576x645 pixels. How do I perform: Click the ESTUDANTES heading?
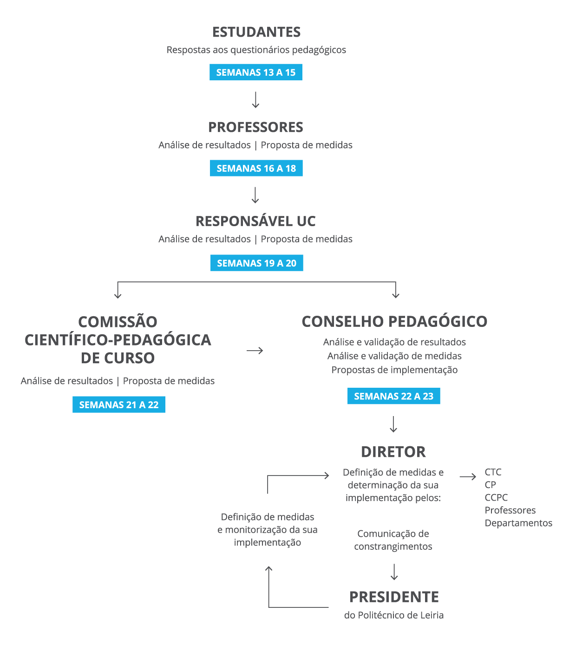click(x=256, y=33)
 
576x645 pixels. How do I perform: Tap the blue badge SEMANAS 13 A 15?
click(x=255, y=72)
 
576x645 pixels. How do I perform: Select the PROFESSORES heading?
click(x=255, y=127)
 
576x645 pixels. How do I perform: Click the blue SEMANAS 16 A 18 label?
click(x=256, y=168)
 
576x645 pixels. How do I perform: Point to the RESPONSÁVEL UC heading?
click(x=255, y=221)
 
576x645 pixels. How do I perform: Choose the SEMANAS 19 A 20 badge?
click(x=256, y=263)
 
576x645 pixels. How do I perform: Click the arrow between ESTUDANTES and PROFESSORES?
click(x=255, y=100)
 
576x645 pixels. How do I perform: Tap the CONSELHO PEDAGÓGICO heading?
click(x=394, y=321)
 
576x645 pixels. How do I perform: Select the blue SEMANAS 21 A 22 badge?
click(x=118, y=404)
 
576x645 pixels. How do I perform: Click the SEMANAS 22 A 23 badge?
click(x=393, y=396)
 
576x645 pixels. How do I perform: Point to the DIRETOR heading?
click(x=393, y=452)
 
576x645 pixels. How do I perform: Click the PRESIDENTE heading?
click(x=394, y=597)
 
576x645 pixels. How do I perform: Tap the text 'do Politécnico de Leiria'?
click(x=394, y=615)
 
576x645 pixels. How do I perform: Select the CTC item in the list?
click(x=493, y=472)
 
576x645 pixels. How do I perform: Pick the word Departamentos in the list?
click(x=518, y=523)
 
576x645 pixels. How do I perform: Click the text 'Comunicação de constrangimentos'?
click(x=393, y=540)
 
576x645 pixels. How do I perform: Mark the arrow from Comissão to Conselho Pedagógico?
click(x=255, y=351)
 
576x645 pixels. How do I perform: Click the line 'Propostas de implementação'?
click(x=394, y=370)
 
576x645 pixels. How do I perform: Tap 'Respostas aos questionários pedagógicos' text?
click(x=256, y=50)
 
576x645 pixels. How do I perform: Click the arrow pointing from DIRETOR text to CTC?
click(x=468, y=476)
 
